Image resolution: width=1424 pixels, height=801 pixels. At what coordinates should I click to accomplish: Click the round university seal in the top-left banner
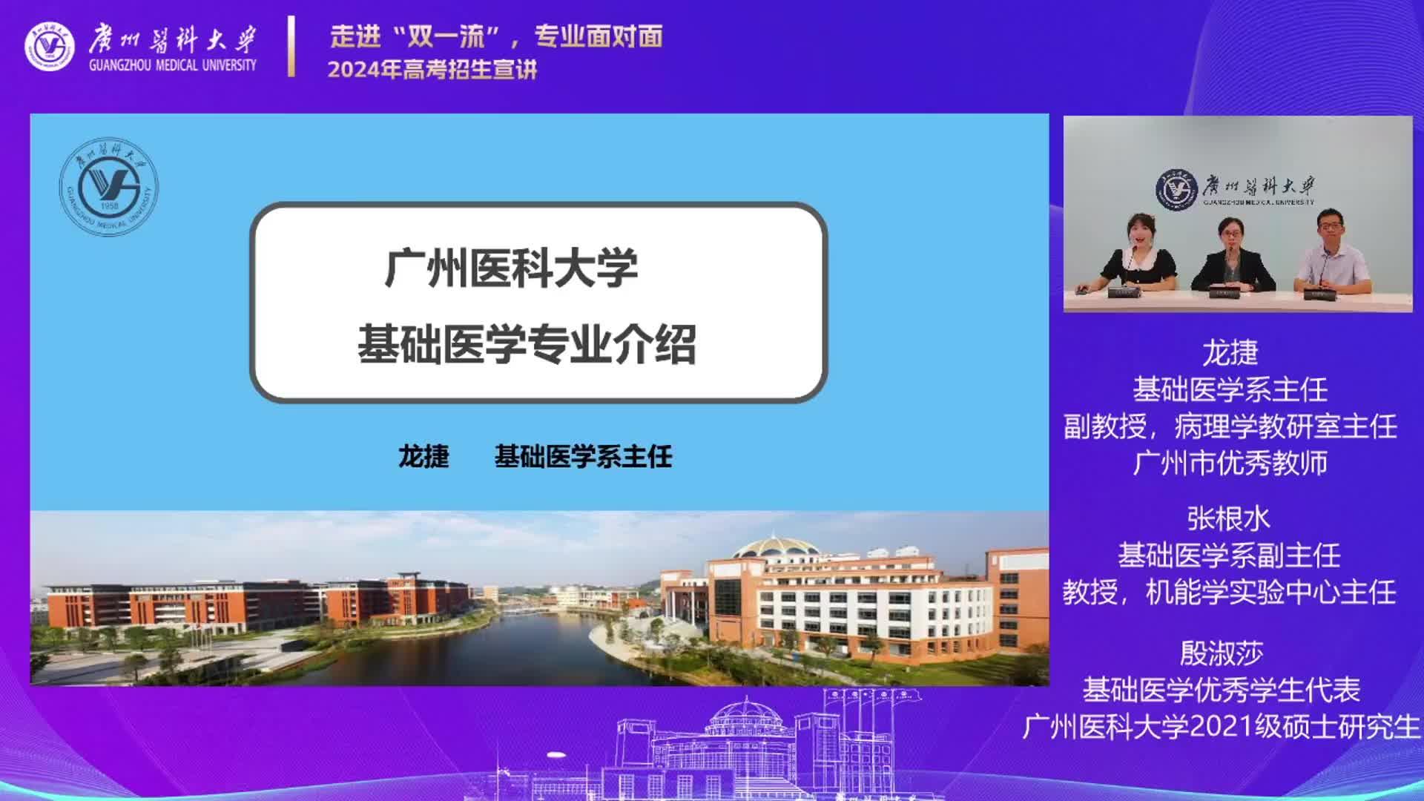50,47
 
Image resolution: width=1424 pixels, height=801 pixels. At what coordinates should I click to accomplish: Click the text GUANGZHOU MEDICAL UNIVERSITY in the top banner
173,65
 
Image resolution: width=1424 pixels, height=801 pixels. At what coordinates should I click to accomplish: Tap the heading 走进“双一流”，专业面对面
496,36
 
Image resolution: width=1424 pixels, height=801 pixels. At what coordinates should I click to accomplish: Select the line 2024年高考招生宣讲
432,70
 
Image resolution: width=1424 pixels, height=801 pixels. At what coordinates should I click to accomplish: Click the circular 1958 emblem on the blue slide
109,187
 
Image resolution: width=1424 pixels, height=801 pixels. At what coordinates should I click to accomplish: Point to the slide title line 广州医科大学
512,268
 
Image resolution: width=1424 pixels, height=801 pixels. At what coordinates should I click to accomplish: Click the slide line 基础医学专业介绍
527,344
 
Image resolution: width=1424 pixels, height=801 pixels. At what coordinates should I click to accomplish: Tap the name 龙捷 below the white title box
424,456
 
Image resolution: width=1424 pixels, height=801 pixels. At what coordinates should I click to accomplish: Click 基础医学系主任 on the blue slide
584,456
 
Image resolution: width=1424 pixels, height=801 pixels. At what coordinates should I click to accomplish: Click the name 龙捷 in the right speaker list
1230,353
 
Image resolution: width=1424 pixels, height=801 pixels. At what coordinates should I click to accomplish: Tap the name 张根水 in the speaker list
1229,518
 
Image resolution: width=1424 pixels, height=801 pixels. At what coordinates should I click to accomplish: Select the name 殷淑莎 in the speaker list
1222,653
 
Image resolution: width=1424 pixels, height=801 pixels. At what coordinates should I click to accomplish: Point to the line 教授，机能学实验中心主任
1230,592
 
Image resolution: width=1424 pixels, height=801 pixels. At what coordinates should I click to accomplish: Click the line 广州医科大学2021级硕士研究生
1222,727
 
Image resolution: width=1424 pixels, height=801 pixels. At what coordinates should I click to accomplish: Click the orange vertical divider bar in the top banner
291,46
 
